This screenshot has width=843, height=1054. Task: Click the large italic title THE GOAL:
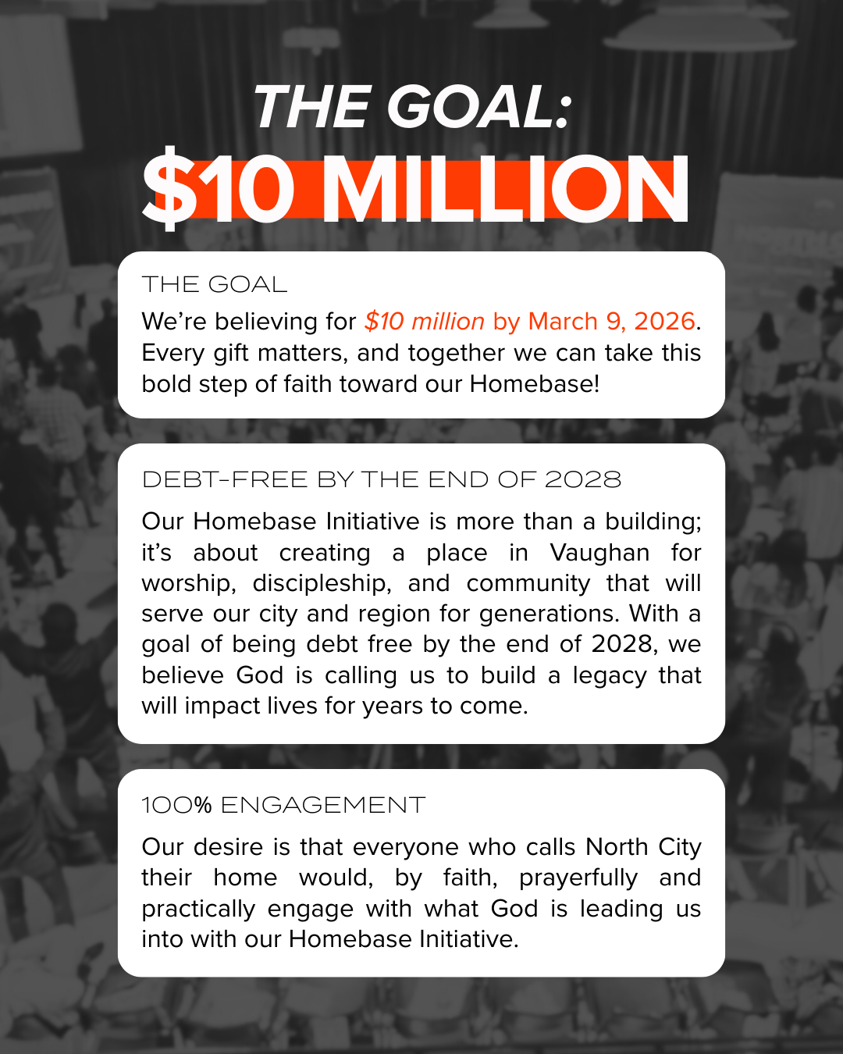click(x=412, y=107)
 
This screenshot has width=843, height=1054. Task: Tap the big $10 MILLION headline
click(x=415, y=190)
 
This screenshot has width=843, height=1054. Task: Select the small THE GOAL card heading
click(x=215, y=284)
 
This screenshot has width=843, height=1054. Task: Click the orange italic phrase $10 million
click(x=425, y=321)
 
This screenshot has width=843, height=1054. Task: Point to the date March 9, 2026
click(x=611, y=321)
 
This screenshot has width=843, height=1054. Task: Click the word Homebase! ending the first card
click(x=535, y=384)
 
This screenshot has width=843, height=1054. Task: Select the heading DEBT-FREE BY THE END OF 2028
click(x=382, y=479)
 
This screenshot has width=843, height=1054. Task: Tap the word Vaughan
click(x=599, y=553)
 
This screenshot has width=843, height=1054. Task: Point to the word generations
click(x=549, y=614)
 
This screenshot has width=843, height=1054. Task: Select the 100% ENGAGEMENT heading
click(x=283, y=805)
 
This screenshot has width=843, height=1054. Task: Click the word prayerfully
click(x=578, y=878)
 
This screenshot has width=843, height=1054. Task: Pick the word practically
click(x=198, y=909)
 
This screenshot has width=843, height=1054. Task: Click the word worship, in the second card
click(x=188, y=583)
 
